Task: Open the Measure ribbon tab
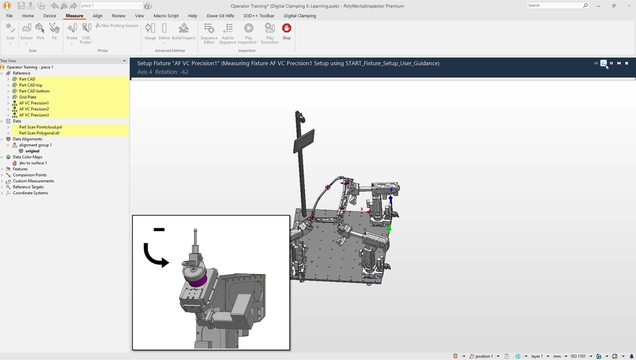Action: tap(75, 16)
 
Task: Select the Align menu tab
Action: tap(97, 16)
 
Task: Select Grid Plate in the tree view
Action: tap(28, 97)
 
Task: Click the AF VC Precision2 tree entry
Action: tap(34, 109)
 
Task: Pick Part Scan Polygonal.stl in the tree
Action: tap(39, 133)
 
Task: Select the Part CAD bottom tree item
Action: tap(34, 91)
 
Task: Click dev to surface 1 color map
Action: tap(33, 163)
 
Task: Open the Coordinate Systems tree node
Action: tap(30, 193)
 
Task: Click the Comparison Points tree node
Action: tap(30, 175)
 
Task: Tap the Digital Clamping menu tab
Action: tap(300, 16)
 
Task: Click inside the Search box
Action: tap(555, 5)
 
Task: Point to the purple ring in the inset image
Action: tap(196, 280)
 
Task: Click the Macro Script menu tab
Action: tap(166, 16)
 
